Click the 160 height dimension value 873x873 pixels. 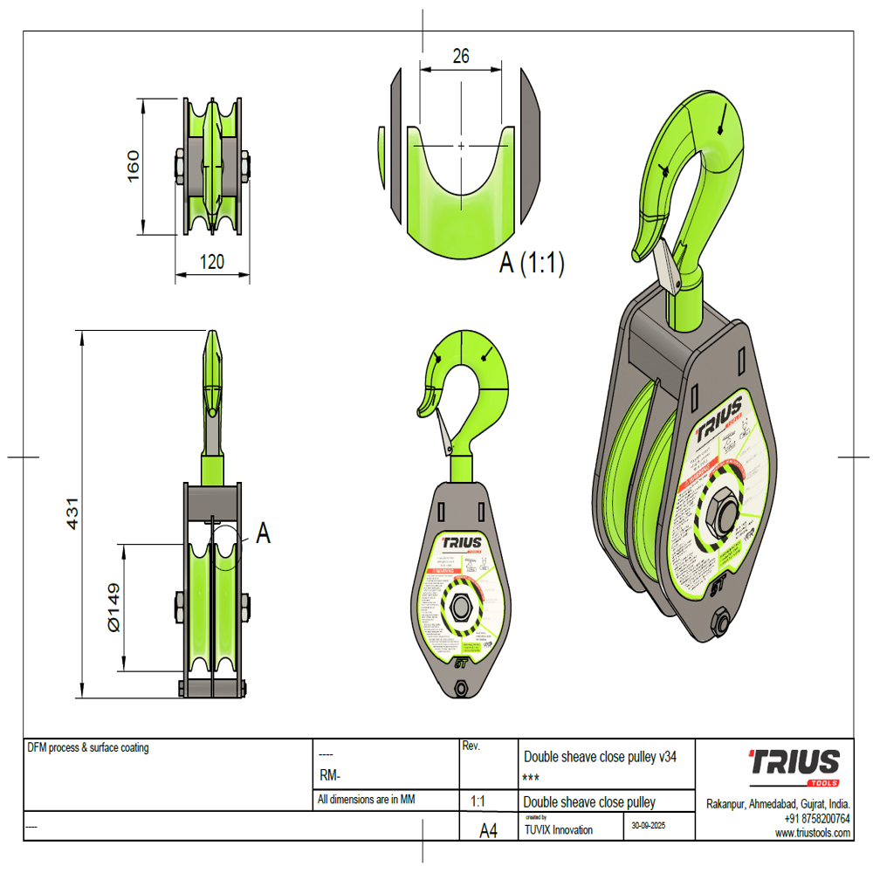133,166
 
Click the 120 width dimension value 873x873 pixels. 211,261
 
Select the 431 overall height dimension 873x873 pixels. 73,513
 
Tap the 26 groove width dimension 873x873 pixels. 461,56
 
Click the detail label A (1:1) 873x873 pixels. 531,263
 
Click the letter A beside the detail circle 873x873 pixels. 262,533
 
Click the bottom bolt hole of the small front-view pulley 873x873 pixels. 460,690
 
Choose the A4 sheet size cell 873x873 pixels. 489,832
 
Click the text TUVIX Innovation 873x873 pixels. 558,830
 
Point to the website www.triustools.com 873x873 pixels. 813,833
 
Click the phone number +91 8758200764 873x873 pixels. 816,819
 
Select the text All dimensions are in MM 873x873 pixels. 366,799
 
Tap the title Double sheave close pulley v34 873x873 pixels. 599,757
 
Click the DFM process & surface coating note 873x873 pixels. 88,747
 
